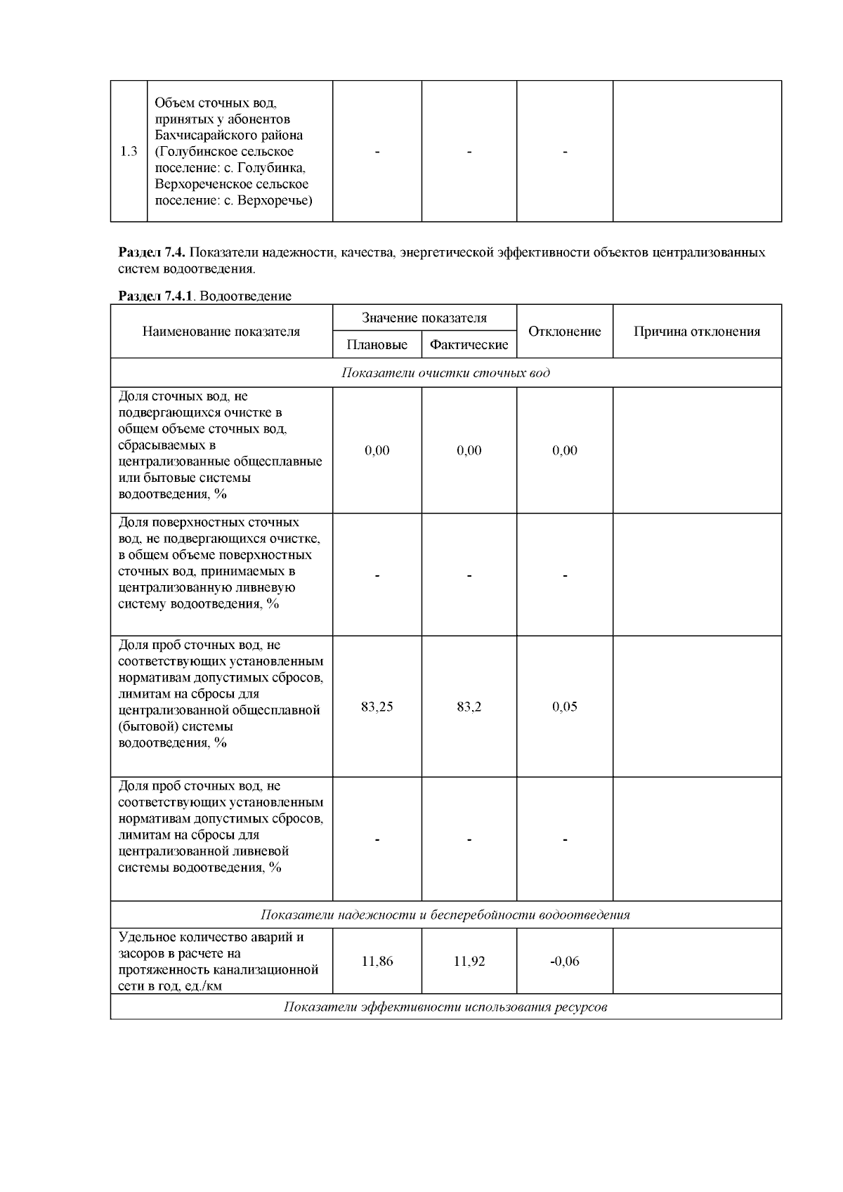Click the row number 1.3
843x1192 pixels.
(129, 152)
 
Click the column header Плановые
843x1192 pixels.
(377, 345)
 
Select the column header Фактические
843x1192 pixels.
(469, 345)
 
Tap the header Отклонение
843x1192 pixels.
(564, 332)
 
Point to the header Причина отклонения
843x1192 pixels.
(697, 332)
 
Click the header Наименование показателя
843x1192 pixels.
(221, 332)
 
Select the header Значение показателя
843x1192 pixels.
(424, 318)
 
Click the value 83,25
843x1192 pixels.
(377, 707)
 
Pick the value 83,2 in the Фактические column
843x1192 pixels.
(469, 707)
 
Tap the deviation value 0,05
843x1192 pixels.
(564, 707)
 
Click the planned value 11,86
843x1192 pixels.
(377, 961)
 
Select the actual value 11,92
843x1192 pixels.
(469, 961)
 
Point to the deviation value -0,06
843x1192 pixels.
(564, 961)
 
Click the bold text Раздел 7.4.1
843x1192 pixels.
(155, 296)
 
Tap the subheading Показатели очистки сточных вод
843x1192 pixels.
(445, 372)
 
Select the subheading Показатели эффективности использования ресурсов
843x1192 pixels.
(445, 1007)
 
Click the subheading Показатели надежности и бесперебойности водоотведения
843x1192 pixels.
(445, 915)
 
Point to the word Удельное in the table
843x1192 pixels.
(145, 937)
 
